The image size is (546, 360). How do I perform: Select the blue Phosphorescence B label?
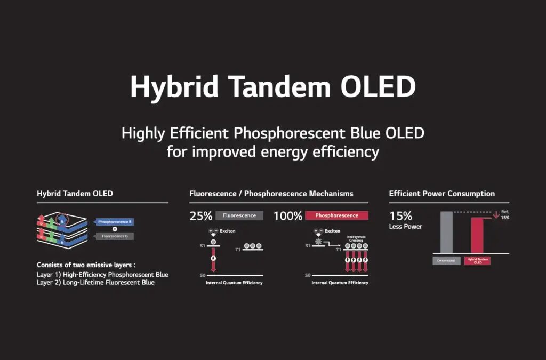point(115,221)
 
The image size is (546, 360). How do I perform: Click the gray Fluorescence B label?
point(115,236)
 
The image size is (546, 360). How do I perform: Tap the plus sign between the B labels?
point(115,229)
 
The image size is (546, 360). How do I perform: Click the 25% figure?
point(200,216)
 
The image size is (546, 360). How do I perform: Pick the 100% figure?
point(287,216)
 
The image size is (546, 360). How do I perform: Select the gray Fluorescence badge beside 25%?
point(239,216)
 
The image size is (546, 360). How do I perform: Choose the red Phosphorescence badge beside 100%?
point(336,216)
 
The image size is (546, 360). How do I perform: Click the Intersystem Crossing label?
point(355,239)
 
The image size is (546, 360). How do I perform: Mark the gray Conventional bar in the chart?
point(446,232)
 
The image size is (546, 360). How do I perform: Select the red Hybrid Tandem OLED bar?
point(477,235)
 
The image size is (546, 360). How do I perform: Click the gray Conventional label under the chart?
point(446,261)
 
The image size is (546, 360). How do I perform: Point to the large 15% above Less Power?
point(400,216)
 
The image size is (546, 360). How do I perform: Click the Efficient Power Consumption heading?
point(441,194)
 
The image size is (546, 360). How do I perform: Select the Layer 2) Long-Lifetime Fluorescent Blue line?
point(95,283)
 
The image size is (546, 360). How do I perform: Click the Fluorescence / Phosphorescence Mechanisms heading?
point(271,194)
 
